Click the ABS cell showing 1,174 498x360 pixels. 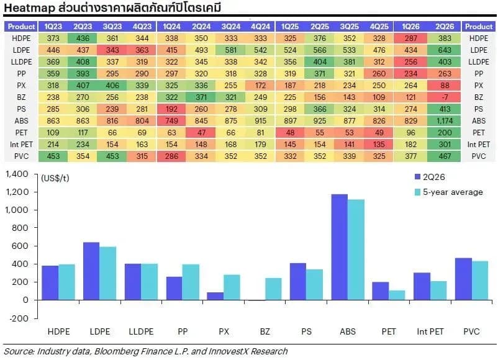coord(445,121)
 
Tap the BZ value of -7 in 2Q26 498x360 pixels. coord(445,97)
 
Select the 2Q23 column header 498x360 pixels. coord(83,27)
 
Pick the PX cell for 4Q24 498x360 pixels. coord(260,86)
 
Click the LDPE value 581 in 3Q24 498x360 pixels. coord(231,50)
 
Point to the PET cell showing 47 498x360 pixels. coord(201,133)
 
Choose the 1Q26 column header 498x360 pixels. coord(410,27)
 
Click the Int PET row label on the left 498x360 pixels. coord(21,145)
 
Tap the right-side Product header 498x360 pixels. coord(479,27)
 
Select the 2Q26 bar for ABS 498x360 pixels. coord(340,247)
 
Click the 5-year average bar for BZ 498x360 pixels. coord(273,289)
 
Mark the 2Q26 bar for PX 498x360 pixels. coord(215,296)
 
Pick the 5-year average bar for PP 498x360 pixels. coord(191,282)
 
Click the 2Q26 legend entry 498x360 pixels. coord(430,177)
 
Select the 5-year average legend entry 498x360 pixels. coord(449,192)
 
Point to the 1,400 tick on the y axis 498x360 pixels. coord(17,174)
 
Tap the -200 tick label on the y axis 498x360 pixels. coord(19,318)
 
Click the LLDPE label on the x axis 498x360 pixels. coord(141,331)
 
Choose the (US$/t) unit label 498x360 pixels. coord(55,178)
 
